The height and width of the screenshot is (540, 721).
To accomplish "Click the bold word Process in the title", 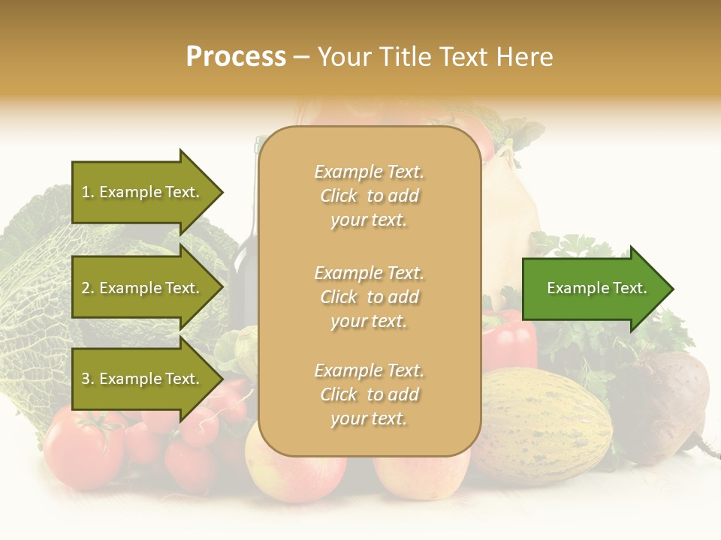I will point(236,57).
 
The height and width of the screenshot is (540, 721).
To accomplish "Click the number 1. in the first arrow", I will point(88,192).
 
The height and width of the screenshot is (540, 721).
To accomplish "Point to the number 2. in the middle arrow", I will point(88,288).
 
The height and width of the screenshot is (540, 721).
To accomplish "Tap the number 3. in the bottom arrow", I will point(88,379).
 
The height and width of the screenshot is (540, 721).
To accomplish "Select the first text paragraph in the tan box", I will point(369,196).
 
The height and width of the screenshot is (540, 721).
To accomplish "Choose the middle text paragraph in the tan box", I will point(369,297).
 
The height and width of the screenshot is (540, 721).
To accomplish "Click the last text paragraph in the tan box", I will point(369,394).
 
